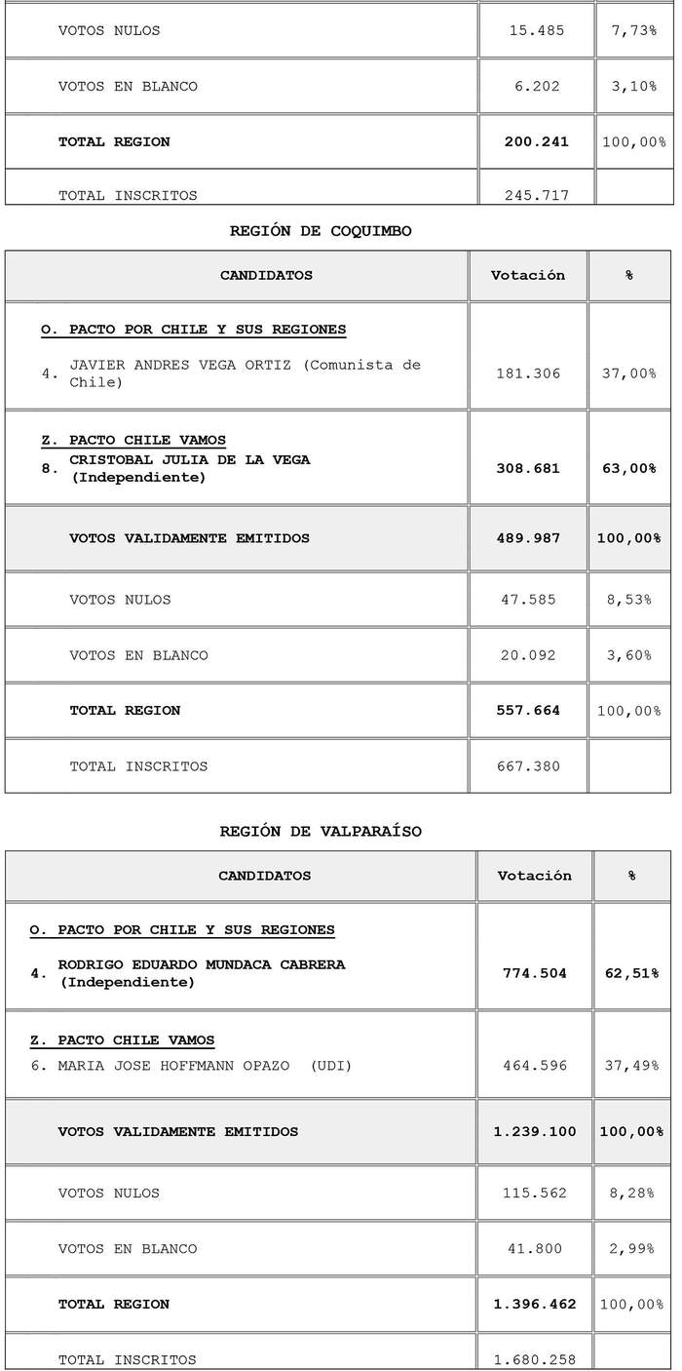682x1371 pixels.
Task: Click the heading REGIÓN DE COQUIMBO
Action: (321, 231)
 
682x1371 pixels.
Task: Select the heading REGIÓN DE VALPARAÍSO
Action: (321, 831)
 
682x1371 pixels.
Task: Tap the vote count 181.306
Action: (528, 373)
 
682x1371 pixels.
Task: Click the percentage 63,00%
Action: (629, 468)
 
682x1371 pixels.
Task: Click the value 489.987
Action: (528, 538)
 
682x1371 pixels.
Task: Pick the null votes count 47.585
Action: (528, 600)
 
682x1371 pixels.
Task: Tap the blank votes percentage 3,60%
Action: (629, 655)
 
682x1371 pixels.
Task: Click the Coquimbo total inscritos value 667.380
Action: (528, 766)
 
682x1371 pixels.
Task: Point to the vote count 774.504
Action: (534, 973)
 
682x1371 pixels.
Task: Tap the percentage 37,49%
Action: (631, 1066)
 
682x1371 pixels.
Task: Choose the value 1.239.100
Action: (534, 1132)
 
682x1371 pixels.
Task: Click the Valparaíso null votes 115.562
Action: (534, 1194)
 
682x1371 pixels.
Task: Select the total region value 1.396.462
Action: (534, 1304)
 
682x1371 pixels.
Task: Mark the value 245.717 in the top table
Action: (536, 195)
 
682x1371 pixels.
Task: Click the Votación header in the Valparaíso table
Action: (534, 876)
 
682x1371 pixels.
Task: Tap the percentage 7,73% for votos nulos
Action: (634, 30)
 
